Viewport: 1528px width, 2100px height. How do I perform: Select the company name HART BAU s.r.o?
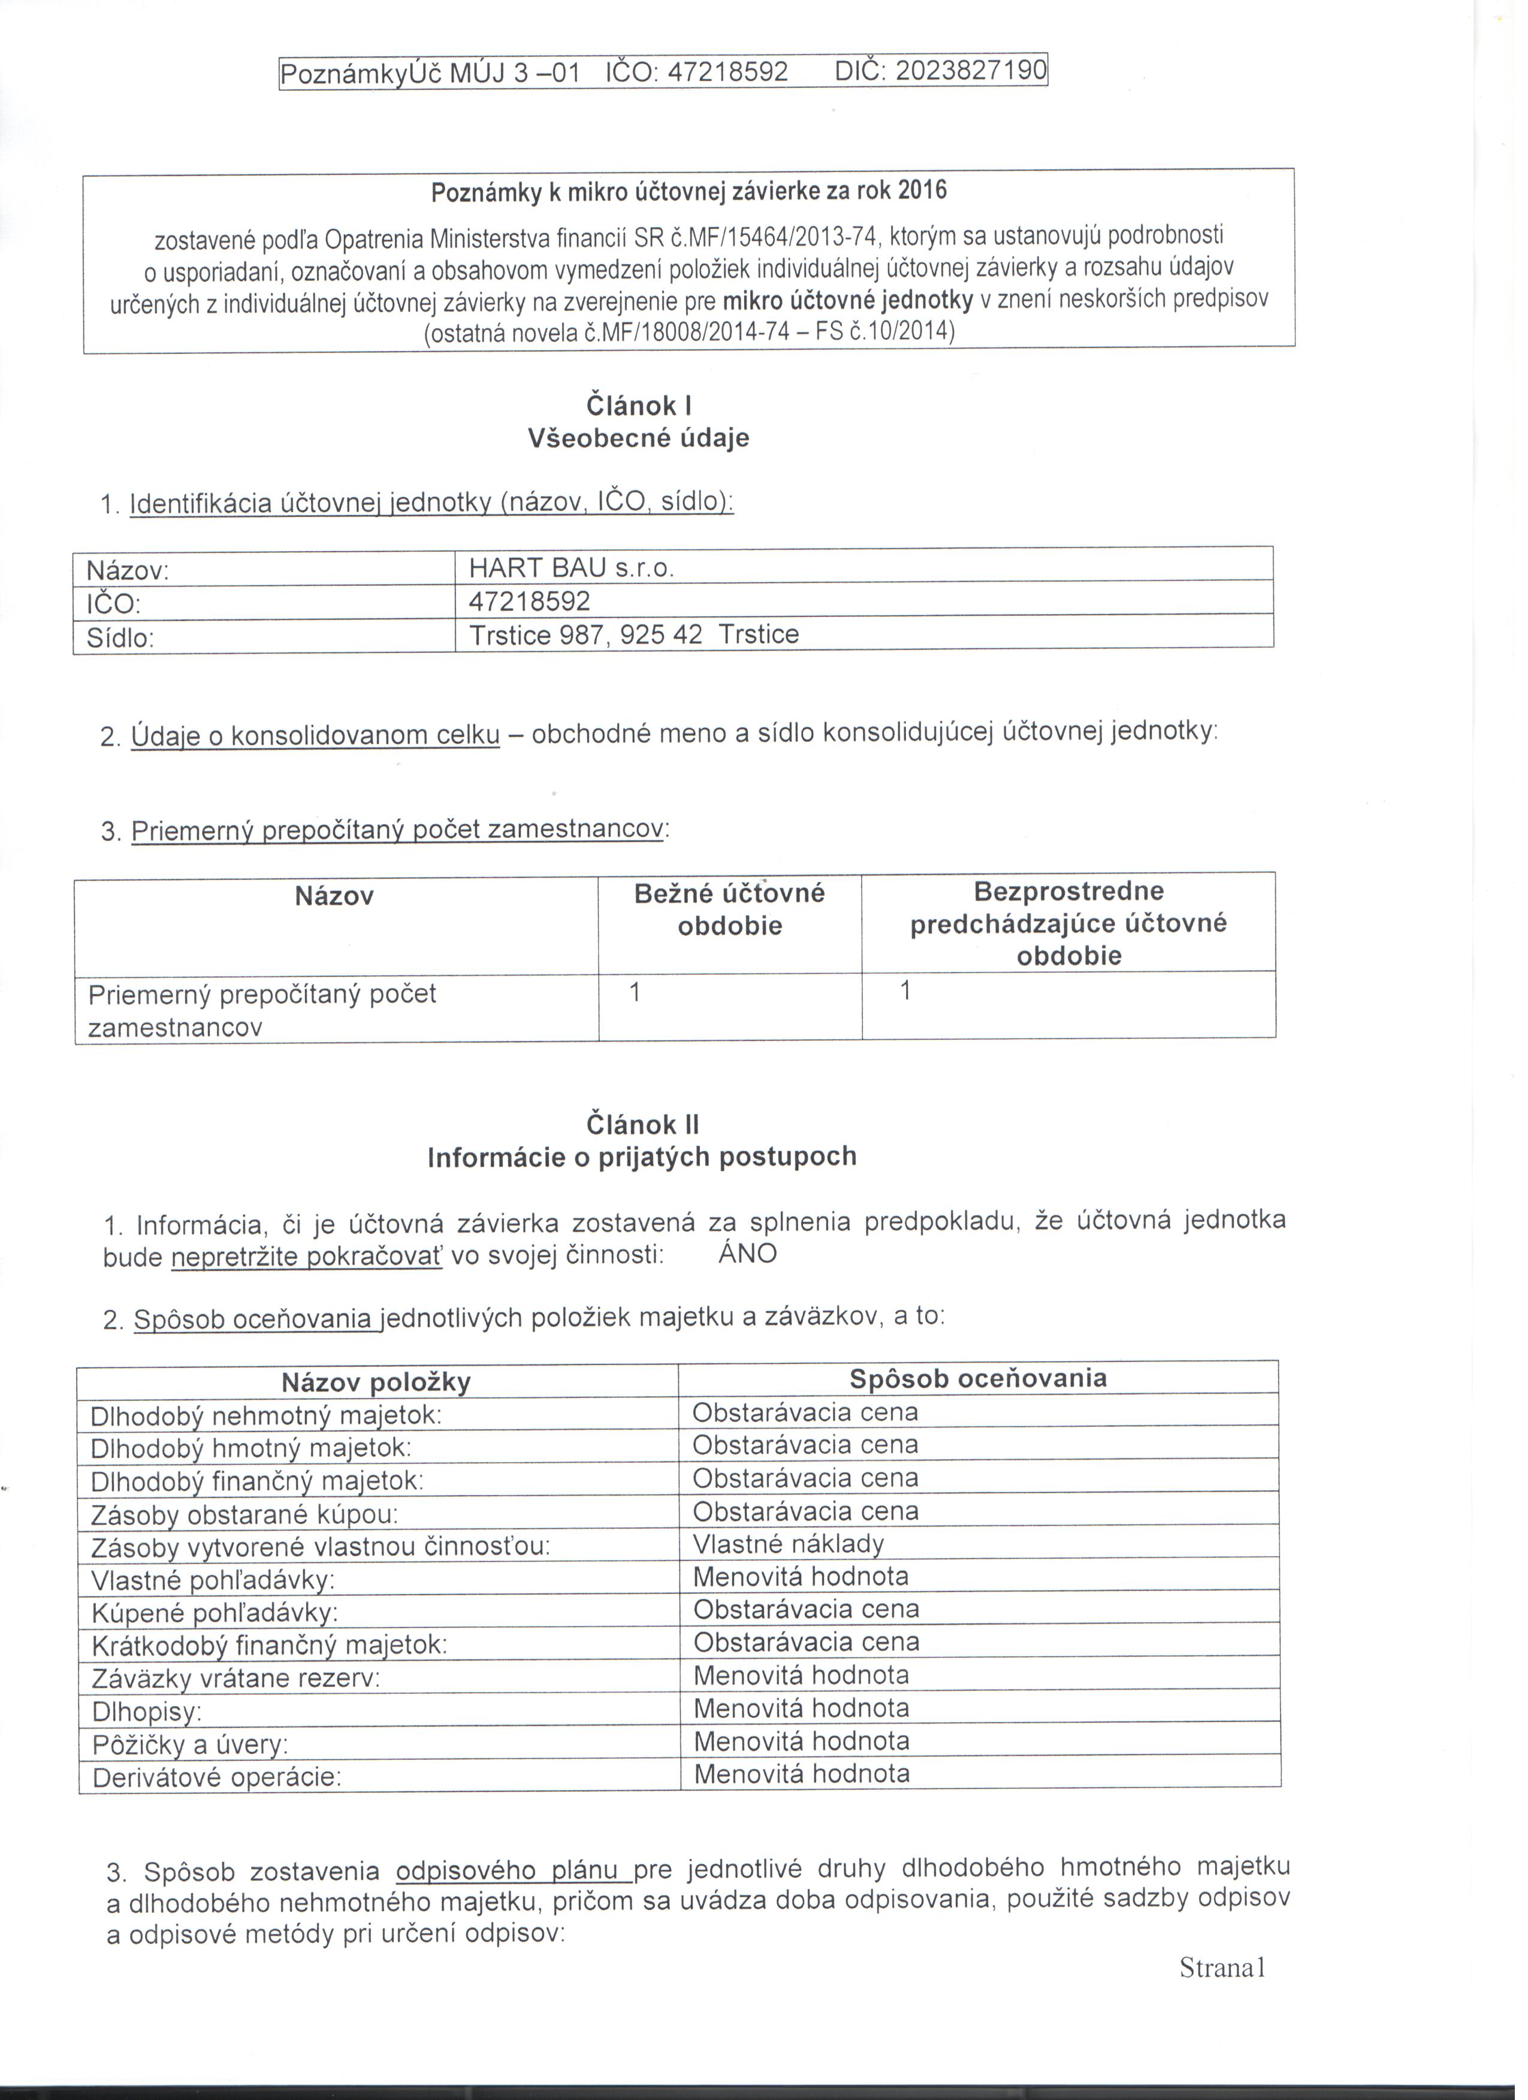(x=576, y=568)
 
